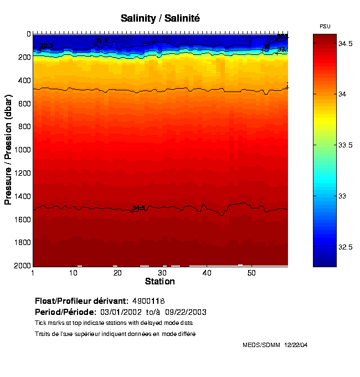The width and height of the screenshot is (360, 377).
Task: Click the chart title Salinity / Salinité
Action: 160,18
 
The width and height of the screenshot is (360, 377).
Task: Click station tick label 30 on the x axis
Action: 162,273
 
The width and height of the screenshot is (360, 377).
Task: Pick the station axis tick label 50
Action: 251,273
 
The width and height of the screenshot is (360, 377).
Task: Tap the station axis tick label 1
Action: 33,273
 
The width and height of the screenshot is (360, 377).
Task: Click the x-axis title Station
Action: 160,282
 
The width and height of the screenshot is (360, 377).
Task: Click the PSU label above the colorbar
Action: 325,27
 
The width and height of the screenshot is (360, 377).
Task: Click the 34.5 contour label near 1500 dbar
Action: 138,208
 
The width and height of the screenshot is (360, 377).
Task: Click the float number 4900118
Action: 149,301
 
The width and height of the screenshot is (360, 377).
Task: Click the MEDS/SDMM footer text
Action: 261,345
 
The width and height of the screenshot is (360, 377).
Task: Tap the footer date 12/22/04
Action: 296,345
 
